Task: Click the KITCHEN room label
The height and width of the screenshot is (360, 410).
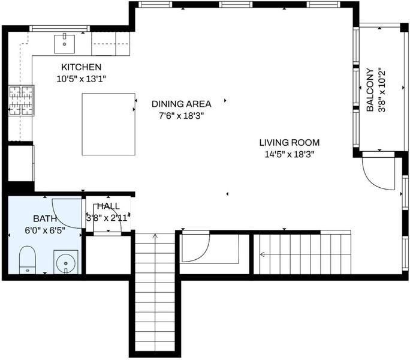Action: tap(81, 67)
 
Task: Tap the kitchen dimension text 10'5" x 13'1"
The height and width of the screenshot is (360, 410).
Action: tap(82, 79)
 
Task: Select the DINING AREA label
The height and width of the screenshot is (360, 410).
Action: tap(182, 104)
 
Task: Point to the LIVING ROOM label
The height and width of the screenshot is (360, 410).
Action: tap(290, 143)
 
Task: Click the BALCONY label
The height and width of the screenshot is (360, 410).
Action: tap(370, 90)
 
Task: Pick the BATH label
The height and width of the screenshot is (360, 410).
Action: tap(45, 218)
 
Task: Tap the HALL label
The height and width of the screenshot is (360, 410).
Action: tap(108, 206)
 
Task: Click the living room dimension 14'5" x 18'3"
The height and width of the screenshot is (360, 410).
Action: tap(290, 154)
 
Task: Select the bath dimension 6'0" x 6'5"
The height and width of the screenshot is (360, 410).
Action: tap(45, 230)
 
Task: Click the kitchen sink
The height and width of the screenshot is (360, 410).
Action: tap(64, 44)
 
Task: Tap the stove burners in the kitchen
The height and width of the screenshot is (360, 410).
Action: tap(21, 101)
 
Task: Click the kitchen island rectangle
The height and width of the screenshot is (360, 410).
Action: tap(108, 124)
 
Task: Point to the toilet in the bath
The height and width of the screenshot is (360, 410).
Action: tap(28, 260)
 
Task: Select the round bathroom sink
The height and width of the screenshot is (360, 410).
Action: tap(66, 263)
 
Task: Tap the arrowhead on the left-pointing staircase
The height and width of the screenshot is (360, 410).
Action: tap(263, 254)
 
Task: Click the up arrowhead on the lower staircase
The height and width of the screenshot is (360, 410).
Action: tap(155, 236)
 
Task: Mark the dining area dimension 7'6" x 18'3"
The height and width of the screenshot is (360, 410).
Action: tap(182, 116)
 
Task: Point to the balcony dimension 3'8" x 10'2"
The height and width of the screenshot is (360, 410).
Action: tap(382, 90)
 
